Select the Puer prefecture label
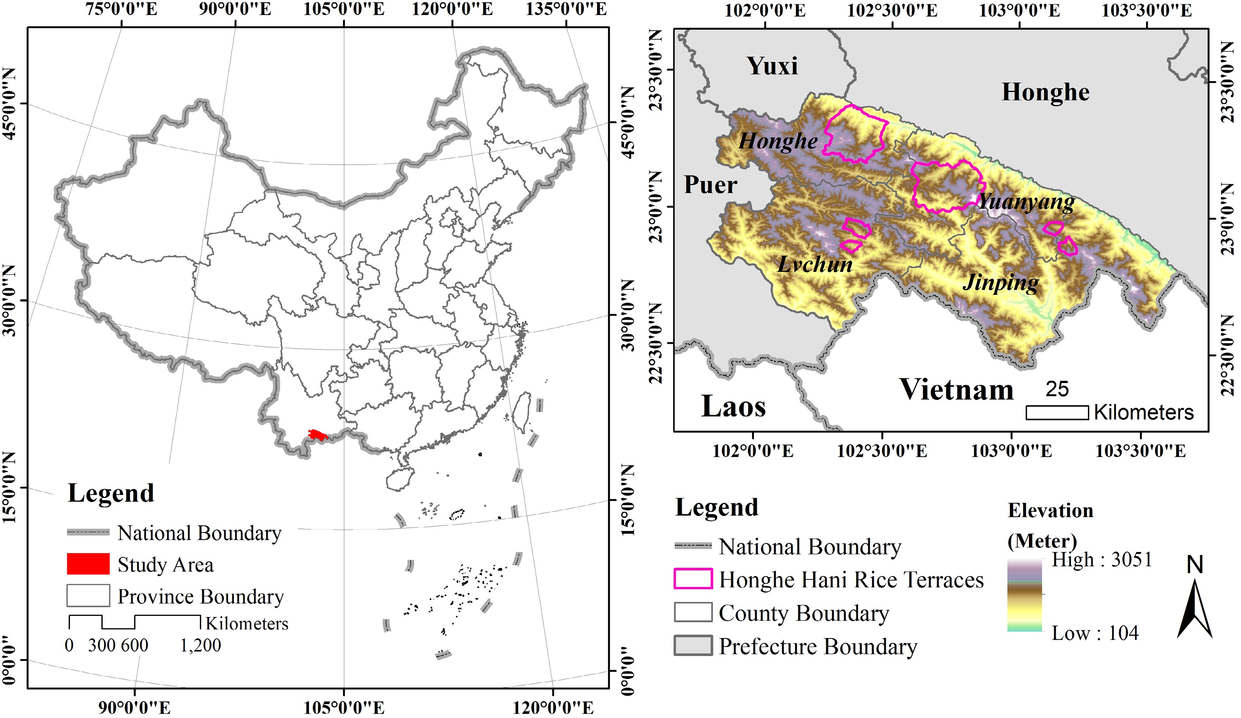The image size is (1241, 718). pyautogui.click(x=710, y=185)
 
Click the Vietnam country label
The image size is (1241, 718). pyautogui.click(x=956, y=389)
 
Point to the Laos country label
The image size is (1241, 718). pyautogui.click(x=733, y=407)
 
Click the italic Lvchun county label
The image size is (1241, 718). pyautogui.click(x=815, y=265)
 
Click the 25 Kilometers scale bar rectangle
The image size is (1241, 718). pyautogui.click(x=1056, y=412)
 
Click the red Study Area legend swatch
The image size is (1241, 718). pyautogui.click(x=88, y=564)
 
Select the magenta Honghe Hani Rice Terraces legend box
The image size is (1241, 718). pyautogui.click(x=692, y=579)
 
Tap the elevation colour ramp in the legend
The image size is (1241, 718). pyautogui.click(x=1024, y=595)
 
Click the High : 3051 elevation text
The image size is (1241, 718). pyautogui.click(x=1102, y=560)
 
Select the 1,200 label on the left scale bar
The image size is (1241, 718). pyautogui.click(x=200, y=645)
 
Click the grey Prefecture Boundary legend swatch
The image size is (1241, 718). pyautogui.click(x=692, y=646)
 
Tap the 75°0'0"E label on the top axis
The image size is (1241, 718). pyautogui.click(x=121, y=9)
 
